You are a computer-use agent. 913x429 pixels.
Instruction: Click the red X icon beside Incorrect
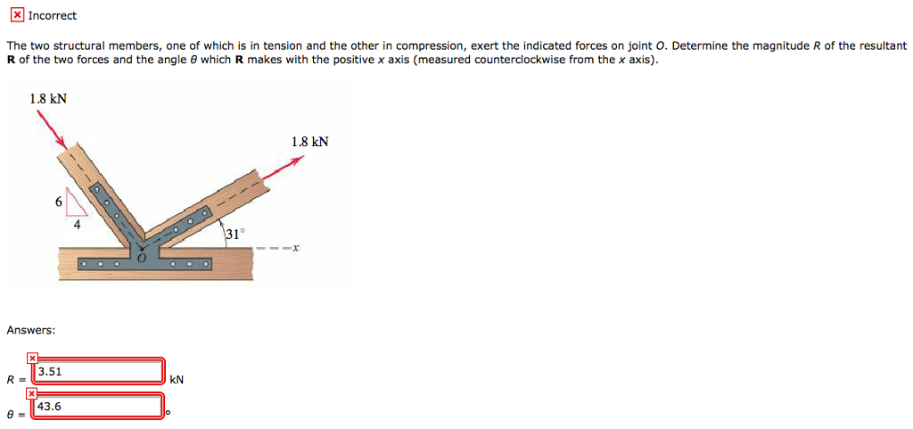(17, 15)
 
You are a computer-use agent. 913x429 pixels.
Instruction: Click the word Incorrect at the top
(53, 16)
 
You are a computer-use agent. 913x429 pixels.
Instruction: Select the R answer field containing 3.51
(98, 371)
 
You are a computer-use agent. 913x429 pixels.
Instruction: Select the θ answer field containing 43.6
(98, 407)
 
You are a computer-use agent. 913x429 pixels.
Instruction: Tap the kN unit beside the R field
(177, 379)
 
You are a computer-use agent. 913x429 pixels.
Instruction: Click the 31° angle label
(234, 234)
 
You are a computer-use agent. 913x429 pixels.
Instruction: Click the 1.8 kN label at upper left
(48, 99)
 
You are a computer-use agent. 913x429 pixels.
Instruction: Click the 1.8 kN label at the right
(309, 142)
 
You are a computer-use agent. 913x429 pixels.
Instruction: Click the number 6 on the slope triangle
(59, 202)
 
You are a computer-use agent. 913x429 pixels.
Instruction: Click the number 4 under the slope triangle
(77, 225)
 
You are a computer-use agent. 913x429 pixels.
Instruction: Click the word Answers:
(31, 330)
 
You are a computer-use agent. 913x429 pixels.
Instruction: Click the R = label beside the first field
(12, 379)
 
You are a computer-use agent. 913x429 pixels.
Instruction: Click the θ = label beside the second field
(12, 414)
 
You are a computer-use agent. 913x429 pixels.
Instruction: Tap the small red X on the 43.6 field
(32, 392)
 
